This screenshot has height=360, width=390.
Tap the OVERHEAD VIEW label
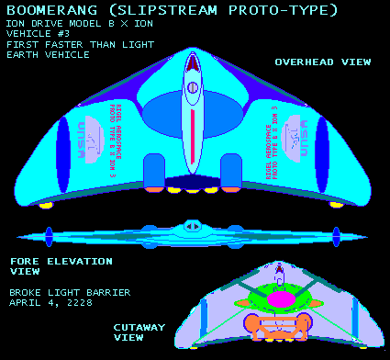click(x=323, y=62)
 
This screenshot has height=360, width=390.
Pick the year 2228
click(x=87, y=303)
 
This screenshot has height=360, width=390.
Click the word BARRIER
click(x=109, y=293)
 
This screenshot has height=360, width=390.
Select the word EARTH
click(x=25, y=55)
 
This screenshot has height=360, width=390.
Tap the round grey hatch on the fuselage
click(x=193, y=88)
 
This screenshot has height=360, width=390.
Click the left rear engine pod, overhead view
click(x=153, y=167)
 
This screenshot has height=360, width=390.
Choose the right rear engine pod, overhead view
click(x=233, y=167)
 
